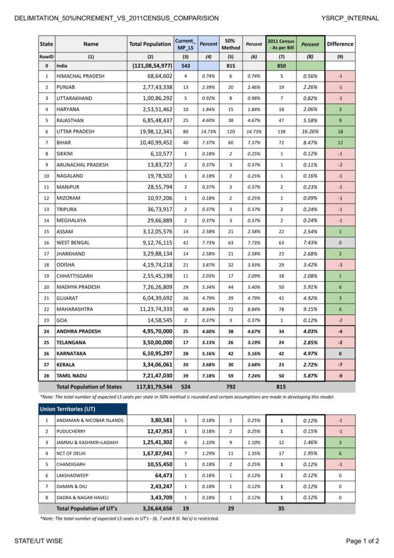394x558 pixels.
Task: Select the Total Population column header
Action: coord(150,44)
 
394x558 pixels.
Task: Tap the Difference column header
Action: coord(340,44)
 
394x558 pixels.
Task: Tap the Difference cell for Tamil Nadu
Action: coord(340,375)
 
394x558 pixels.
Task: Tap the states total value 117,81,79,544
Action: coord(150,386)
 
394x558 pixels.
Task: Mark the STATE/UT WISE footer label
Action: coord(39,541)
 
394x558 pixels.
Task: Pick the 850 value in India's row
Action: coord(281,65)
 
